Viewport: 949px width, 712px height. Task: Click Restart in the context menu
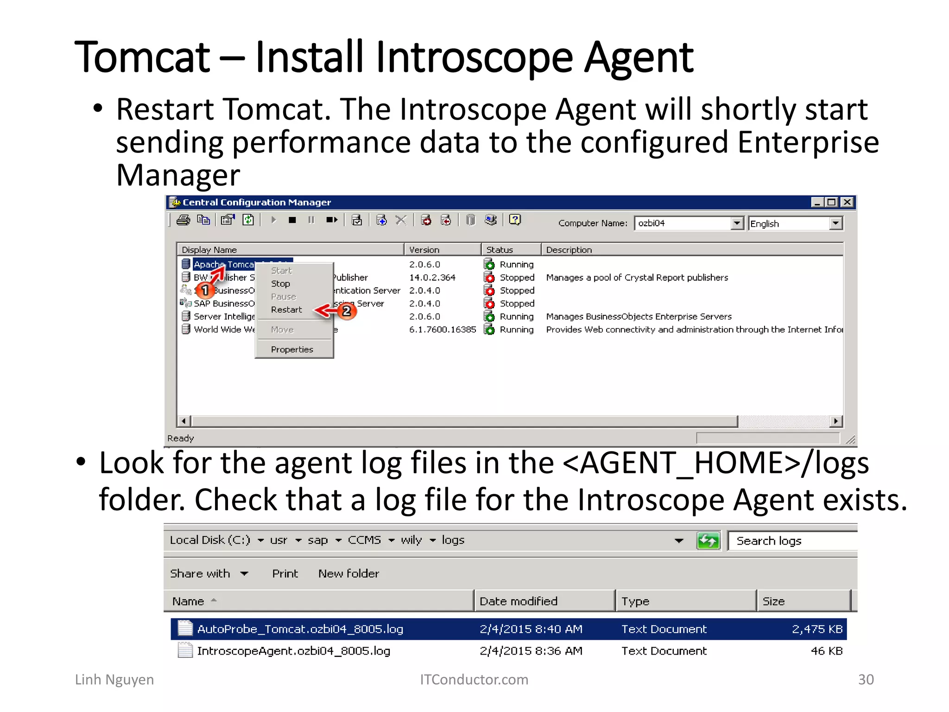pos(286,310)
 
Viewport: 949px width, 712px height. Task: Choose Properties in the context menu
pos(292,350)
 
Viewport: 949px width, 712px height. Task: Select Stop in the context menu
pos(280,284)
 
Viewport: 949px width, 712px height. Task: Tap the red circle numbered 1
pos(205,291)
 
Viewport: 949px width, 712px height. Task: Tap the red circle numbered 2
pos(347,311)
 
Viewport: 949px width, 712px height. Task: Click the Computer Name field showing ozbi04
pos(682,223)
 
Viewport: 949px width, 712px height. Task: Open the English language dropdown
pos(835,223)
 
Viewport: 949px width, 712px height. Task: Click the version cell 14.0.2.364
pos(432,278)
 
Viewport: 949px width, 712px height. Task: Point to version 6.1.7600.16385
pos(442,330)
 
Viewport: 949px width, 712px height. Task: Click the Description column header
pos(569,250)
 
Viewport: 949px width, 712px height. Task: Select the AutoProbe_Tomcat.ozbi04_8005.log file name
pos(300,629)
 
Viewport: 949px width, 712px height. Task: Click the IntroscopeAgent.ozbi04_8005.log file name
pos(293,651)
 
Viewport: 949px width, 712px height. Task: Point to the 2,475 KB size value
pos(817,629)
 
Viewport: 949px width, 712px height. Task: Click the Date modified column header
pos(518,601)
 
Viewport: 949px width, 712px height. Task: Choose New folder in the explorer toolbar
pos(348,573)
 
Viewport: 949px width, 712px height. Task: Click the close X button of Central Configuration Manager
pos(847,202)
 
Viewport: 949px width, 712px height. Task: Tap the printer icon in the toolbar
pos(183,220)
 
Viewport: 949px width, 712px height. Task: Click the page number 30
pos(866,680)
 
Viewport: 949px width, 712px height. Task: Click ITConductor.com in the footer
pos(474,680)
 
